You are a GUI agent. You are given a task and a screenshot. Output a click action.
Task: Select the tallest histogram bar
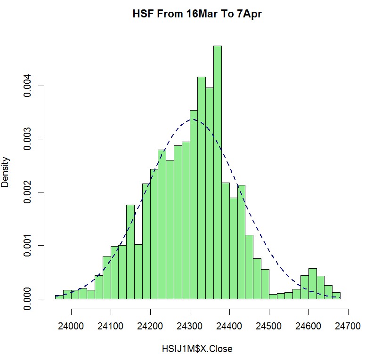(x=217, y=172)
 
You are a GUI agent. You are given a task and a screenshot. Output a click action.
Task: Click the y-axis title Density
(x=6, y=172)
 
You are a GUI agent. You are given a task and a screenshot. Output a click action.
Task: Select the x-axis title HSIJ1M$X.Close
(x=197, y=349)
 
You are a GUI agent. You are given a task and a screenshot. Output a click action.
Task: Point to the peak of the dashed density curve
(x=193, y=120)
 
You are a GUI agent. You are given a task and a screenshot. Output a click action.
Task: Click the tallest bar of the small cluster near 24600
(x=313, y=284)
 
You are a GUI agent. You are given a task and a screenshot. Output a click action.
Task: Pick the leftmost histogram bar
(x=59, y=297)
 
